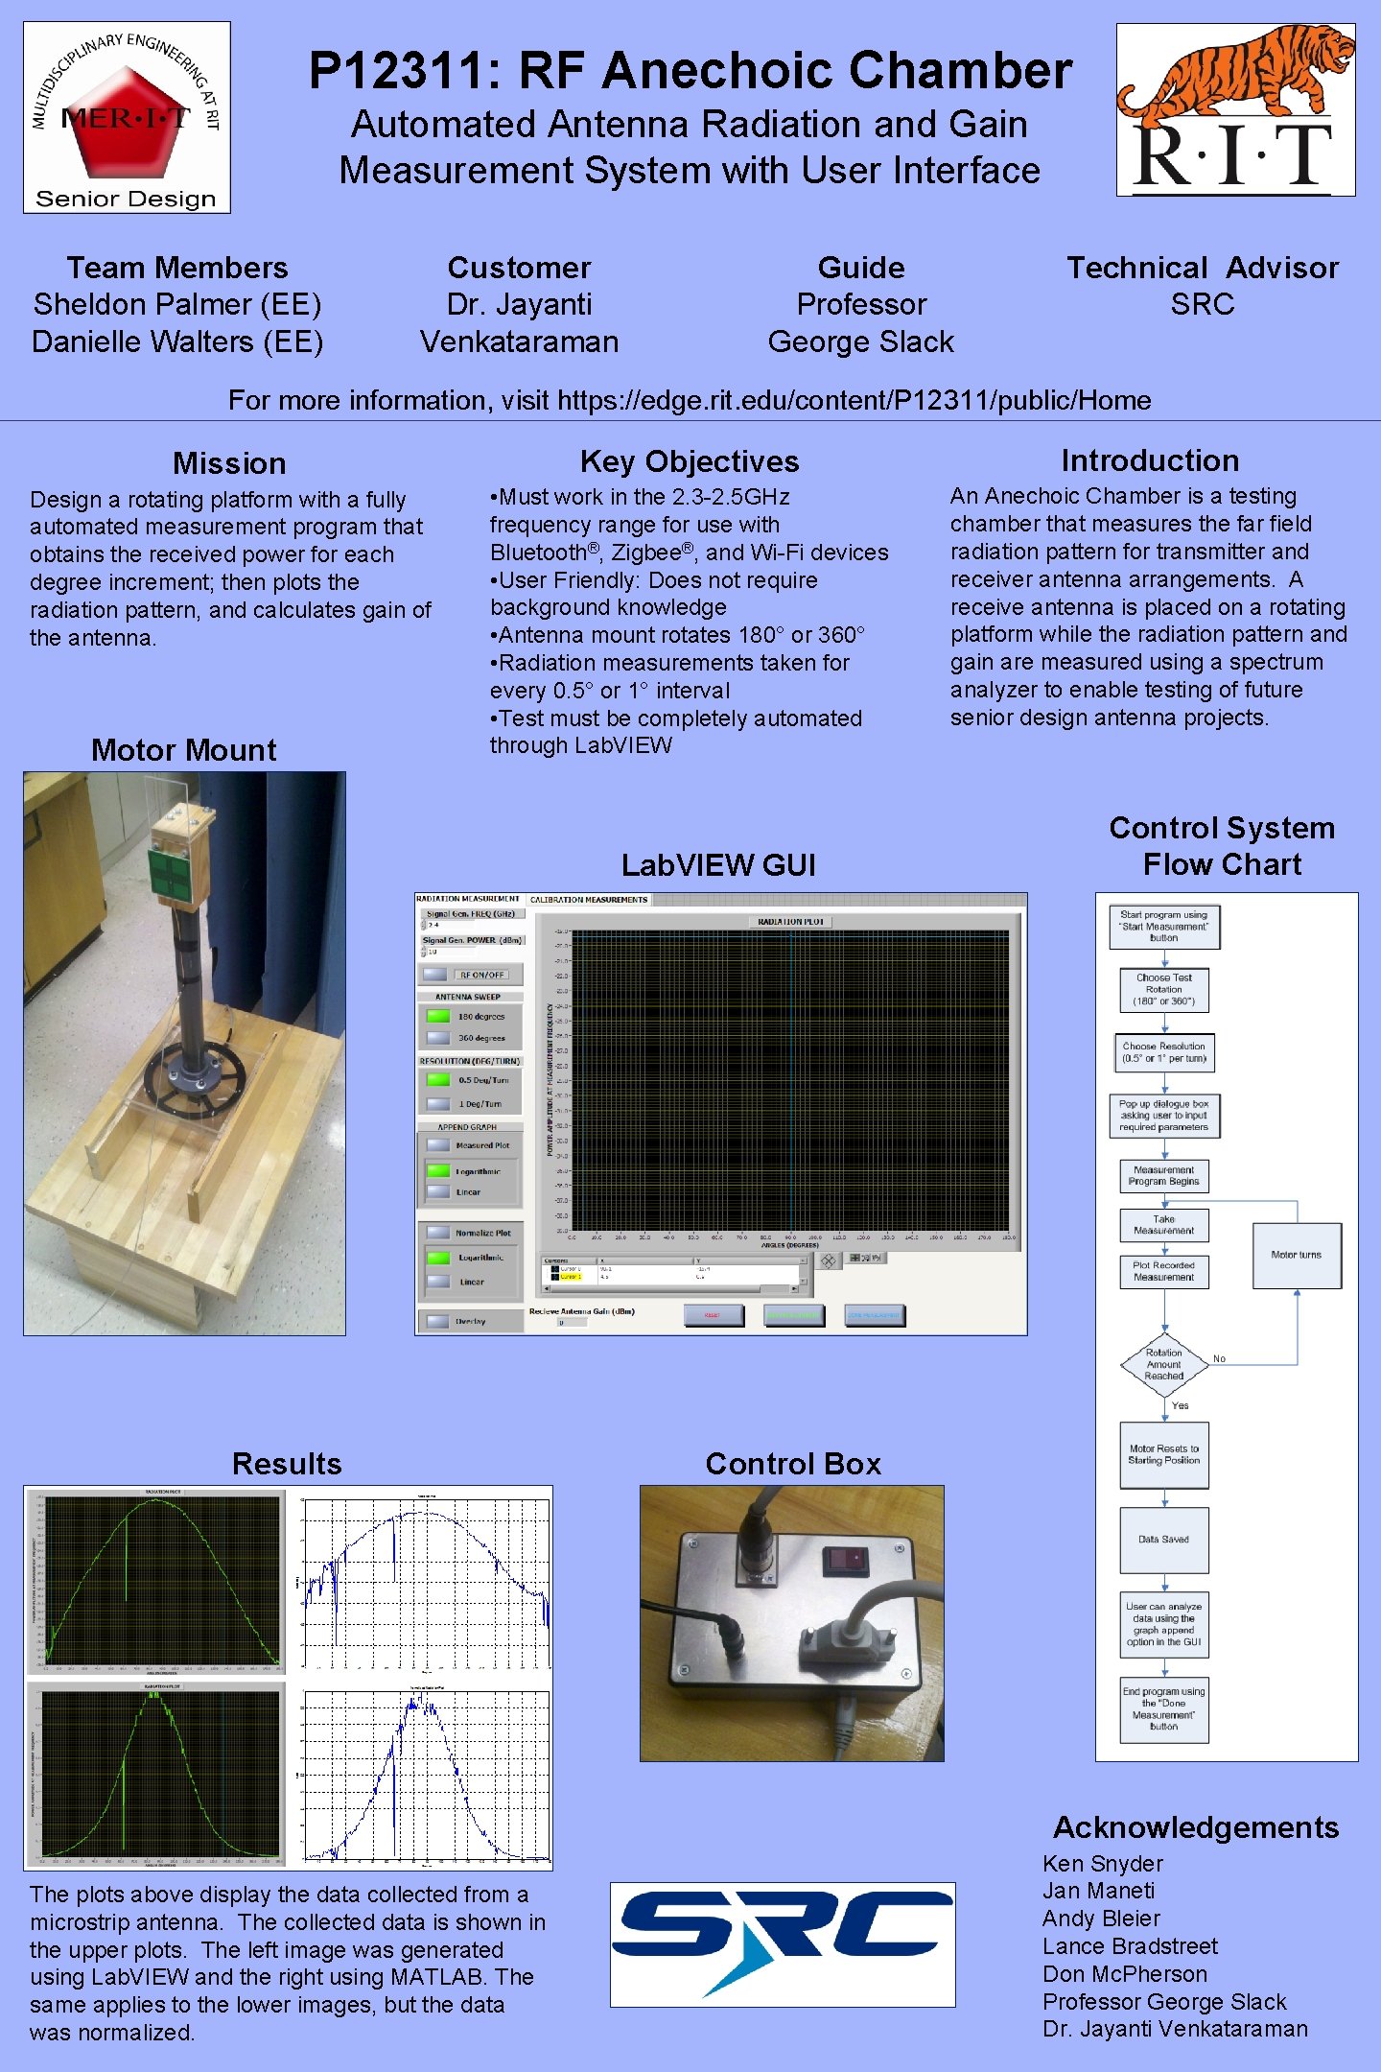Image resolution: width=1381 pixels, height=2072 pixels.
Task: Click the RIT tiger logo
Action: pyautogui.click(x=1235, y=109)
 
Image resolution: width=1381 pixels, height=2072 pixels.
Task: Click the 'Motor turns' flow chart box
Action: pyautogui.click(x=1296, y=1255)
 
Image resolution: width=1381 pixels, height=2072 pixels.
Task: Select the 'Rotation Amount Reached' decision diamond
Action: pyautogui.click(x=1164, y=1364)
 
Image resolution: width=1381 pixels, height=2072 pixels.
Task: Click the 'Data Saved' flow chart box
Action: pyautogui.click(x=1163, y=1539)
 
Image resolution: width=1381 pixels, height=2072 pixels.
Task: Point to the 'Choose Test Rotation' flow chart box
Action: pyautogui.click(x=1163, y=989)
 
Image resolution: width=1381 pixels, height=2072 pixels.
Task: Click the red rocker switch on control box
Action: pyautogui.click(x=845, y=1559)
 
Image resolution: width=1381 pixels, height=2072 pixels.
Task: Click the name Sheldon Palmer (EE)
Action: pyautogui.click(x=177, y=305)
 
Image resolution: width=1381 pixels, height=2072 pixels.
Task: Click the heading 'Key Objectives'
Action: pyautogui.click(x=689, y=461)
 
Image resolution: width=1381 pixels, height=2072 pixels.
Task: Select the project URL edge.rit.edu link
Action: pyautogui.click(x=854, y=400)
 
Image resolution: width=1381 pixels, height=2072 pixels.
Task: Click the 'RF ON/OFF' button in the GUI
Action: pyautogui.click(x=480, y=975)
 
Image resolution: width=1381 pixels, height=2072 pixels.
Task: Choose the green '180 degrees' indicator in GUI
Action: pyautogui.click(x=438, y=1016)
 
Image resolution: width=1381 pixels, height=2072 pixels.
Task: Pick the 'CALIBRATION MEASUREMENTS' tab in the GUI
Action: pyautogui.click(x=588, y=900)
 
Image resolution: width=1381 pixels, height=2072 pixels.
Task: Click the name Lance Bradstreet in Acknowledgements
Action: pyautogui.click(x=1130, y=1946)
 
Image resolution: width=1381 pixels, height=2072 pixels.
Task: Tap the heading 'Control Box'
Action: pyautogui.click(x=792, y=1464)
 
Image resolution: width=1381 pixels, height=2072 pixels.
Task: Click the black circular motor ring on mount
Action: pyautogui.click(x=197, y=1079)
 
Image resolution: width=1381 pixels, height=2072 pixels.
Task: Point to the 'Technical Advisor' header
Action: pyautogui.click(x=1202, y=268)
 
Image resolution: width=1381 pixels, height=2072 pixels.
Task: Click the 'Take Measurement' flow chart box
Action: pyautogui.click(x=1163, y=1225)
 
